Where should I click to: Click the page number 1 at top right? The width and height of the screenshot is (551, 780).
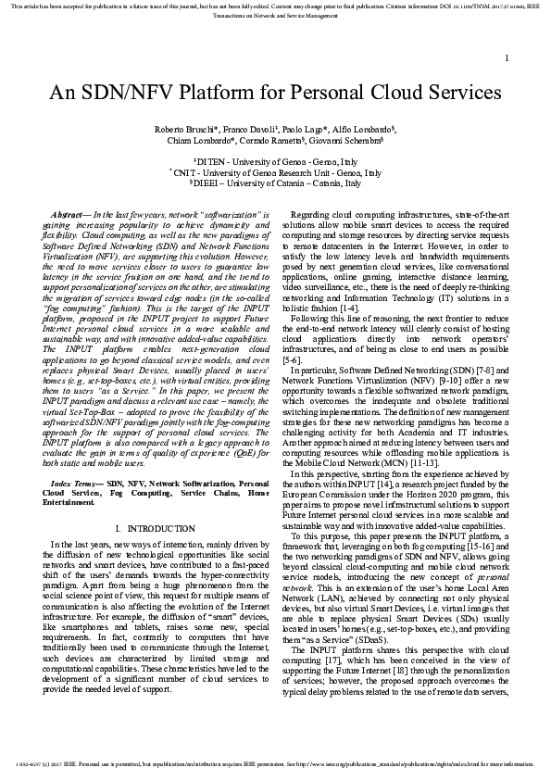point(507,58)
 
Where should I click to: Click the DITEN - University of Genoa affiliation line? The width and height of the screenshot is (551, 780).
point(275,161)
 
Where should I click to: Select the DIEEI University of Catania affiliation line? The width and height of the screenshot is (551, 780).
point(275,182)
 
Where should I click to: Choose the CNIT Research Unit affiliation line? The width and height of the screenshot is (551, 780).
point(275,172)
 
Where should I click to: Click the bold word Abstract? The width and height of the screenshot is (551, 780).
point(69,214)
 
